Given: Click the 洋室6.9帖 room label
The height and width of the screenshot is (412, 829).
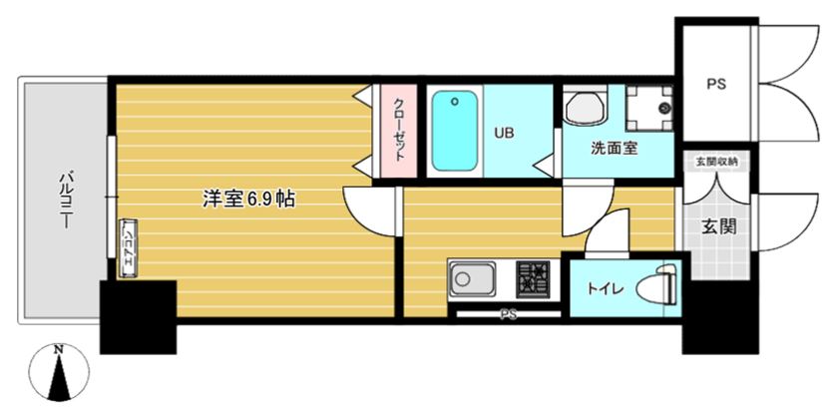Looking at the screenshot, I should pos(248,199).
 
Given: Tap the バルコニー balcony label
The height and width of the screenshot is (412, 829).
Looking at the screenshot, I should pos(65,201).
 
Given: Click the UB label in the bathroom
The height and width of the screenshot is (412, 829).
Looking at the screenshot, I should pos(504,132).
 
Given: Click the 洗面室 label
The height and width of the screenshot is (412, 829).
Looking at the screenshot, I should pos(614,149).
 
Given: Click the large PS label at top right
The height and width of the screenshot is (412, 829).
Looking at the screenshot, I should pos(716,85).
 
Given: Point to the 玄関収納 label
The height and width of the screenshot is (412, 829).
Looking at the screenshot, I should pos(716,161).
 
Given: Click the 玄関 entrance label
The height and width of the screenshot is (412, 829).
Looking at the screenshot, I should pos(717,226).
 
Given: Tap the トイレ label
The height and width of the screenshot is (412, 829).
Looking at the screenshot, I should pos(605,289).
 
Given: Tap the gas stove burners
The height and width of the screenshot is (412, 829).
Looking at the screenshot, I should pos(533,277).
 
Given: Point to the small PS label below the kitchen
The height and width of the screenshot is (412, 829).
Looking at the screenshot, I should pos(509,315).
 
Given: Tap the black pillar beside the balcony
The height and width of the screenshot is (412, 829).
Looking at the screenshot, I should pos(138,316).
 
